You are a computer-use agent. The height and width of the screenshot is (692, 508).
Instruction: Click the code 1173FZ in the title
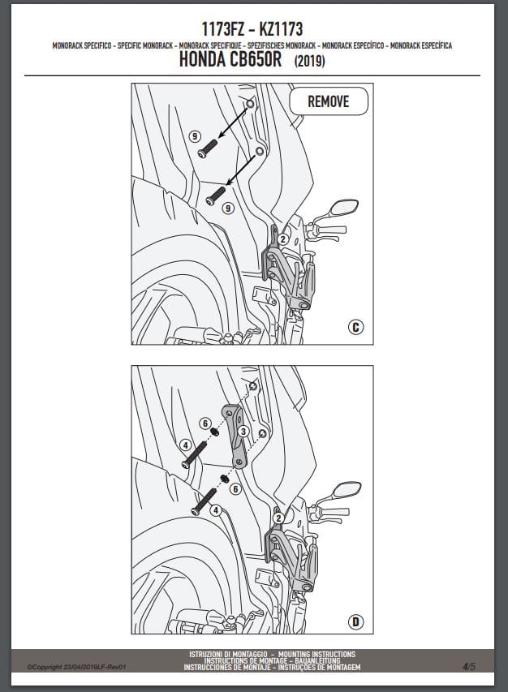click(x=223, y=29)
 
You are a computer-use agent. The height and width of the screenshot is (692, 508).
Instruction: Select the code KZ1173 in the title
click(x=281, y=29)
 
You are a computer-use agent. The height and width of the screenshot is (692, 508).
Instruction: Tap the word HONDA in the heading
click(x=202, y=59)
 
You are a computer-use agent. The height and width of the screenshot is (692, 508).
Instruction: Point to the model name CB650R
click(x=256, y=59)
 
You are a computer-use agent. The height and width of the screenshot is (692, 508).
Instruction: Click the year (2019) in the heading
click(x=310, y=61)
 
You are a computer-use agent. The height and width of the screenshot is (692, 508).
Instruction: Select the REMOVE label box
click(x=329, y=101)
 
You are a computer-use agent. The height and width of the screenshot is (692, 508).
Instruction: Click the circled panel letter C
click(x=355, y=327)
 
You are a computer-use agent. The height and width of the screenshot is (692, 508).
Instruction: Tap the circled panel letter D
click(x=355, y=622)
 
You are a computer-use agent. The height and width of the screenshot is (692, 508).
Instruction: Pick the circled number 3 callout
click(x=243, y=431)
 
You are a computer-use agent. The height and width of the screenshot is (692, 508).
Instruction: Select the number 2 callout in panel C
click(x=282, y=239)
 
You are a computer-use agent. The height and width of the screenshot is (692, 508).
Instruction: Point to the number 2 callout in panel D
click(x=278, y=518)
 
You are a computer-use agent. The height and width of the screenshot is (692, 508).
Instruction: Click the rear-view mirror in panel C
click(x=344, y=207)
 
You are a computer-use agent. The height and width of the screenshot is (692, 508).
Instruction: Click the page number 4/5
click(x=469, y=666)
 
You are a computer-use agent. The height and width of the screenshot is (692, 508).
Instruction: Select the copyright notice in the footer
click(x=77, y=667)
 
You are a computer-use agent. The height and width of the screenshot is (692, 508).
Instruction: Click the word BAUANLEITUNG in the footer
click(x=318, y=660)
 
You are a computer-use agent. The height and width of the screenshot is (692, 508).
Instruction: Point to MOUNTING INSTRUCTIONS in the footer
click(x=317, y=654)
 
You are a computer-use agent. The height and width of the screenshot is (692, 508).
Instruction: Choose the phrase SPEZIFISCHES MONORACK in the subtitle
click(x=282, y=45)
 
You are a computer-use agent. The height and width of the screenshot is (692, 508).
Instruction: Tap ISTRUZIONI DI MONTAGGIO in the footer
click(x=228, y=654)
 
